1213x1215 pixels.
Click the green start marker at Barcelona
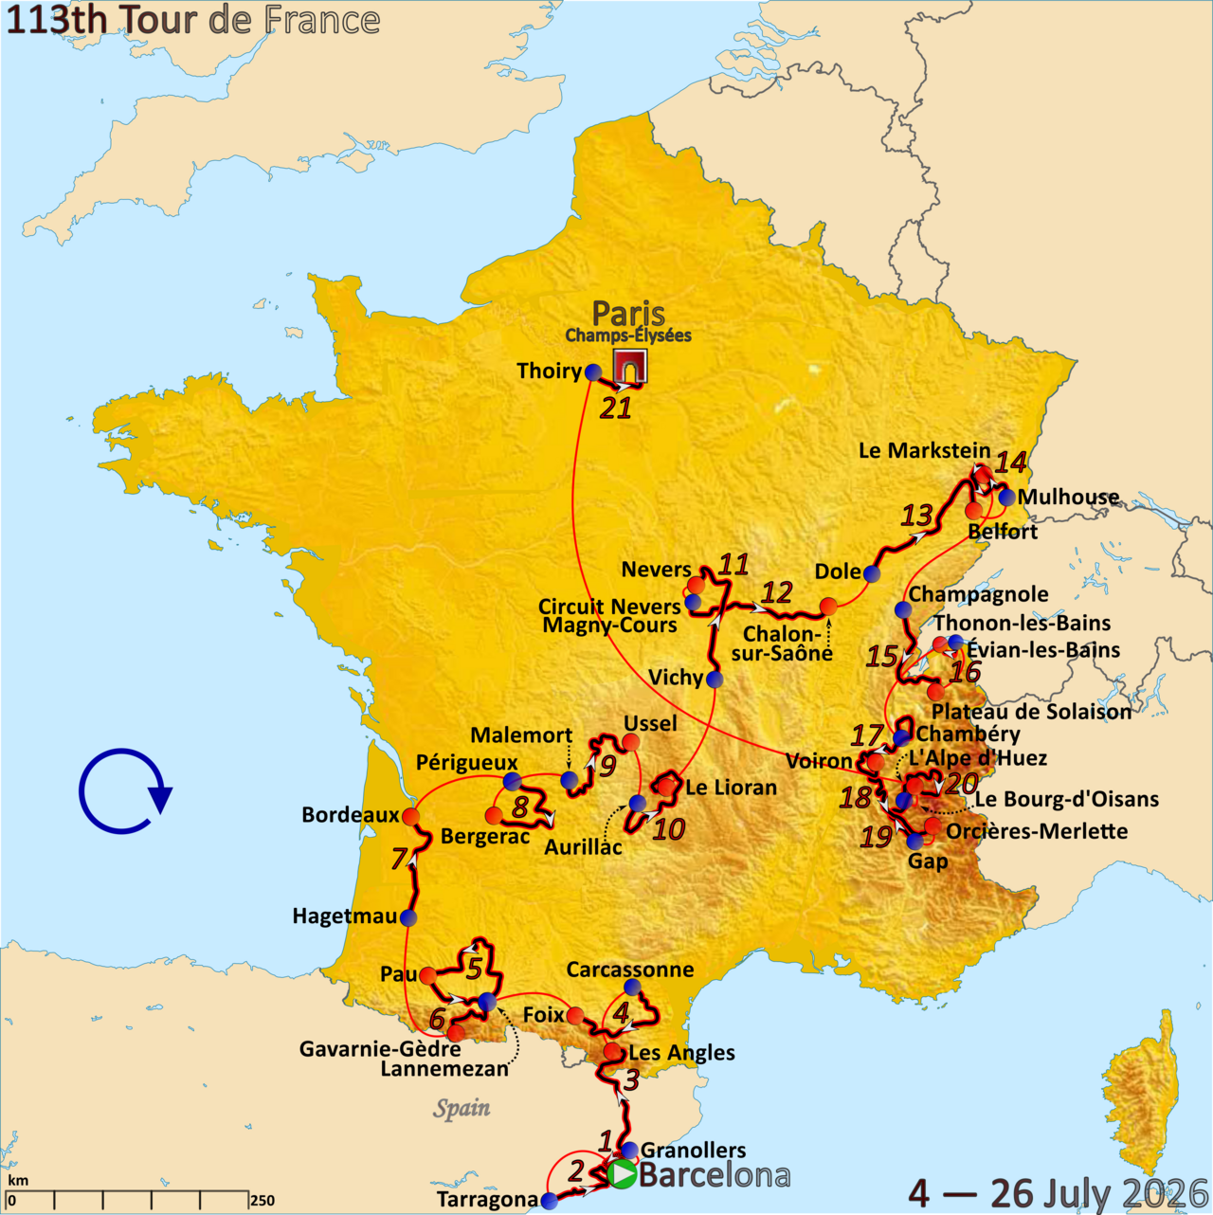pyautogui.click(x=623, y=1174)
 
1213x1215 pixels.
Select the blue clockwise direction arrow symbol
pyautogui.click(x=124, y=791)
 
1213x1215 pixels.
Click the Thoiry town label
pyautogui.click(x=549, y=371)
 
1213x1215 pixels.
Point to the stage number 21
pyautogui.click(x=616, y=408)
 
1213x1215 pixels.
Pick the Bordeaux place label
pyautogui.click(x=350, y=815)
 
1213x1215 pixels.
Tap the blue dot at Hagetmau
pyautogui.click(x=408, y=917)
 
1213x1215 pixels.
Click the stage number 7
pyautogui.click(x=400, y=859)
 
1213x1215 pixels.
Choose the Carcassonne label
pyautogui.click(x=629, y=970)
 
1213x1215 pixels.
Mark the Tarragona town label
pyautogui.click(x=487, y=1200)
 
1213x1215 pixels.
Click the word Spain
pyautogui.click(x=462, y=1108)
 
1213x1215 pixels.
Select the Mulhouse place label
pyautogui.click(x=1068, y=497)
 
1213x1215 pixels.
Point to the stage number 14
pyautogui.click(x=1010, y=462)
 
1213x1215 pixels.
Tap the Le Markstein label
pyautogui.click(x=924, y=450)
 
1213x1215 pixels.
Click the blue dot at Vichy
pyautogui.click(x=715, y=679)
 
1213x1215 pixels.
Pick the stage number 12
pyautogui.click(x=777, y=593)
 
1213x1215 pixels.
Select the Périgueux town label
pyautogui.click(x=466, y=763)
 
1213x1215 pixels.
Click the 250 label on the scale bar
pyautogui.click(x=262, y=1200)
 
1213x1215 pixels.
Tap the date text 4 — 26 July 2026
pyautogui.click(x=1058, y=1193)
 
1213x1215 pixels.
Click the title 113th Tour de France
pyautogui.click(x=193, y=20)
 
